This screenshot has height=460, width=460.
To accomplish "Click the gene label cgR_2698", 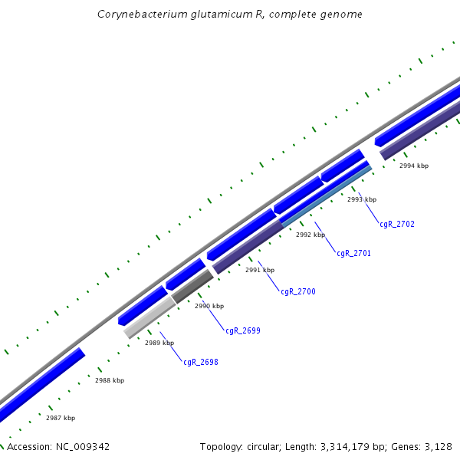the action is coord(201,362).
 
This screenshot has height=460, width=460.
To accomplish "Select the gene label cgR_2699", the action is coord(243,331).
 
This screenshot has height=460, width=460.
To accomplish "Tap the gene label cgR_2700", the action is coord(298,292).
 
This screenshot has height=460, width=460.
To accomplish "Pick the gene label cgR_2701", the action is coord(354,253).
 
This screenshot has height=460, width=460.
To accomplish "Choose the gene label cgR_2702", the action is coord(397,225).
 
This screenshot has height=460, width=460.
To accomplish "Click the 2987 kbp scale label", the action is coord(61,418).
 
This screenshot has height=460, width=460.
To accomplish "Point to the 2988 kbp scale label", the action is coord(110,380).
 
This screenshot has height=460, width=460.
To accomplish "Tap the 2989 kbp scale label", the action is coord(159,343).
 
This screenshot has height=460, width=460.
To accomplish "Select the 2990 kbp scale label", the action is coord(209,306).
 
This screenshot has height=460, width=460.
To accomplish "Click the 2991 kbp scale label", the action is coord(260,270).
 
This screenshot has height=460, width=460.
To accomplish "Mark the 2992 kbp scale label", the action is coord(310,235).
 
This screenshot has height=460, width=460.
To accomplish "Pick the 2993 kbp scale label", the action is coord(362,199).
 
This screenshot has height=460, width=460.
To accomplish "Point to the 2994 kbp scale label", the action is coord(414,166).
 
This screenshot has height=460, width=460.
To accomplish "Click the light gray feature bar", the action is coord(150,317).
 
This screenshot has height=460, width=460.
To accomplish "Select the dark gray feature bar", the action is coord(192,287).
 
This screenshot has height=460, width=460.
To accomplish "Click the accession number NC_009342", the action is coord(83,447).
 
